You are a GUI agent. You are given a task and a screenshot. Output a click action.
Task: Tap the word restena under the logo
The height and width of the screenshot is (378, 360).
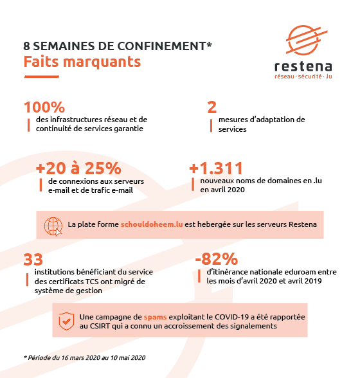click(303, 67)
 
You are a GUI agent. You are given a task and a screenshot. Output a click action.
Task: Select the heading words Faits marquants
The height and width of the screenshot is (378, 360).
click(82, 62)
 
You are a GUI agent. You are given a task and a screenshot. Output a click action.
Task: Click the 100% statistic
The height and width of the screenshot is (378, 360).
click(44, 107)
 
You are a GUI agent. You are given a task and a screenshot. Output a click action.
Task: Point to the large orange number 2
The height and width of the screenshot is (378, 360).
click(212, 107)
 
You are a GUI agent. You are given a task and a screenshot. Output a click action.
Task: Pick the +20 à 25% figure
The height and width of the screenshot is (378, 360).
click(78, 168)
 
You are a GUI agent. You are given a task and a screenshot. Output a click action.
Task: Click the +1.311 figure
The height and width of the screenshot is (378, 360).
click(216, 168)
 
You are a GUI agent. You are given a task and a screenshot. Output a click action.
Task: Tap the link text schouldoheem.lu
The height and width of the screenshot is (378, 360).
click(152, 224)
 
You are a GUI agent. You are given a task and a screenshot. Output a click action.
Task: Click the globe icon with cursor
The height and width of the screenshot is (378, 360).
click(53, 226)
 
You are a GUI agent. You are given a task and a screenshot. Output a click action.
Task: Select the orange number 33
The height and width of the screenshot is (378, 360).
click(33, 260)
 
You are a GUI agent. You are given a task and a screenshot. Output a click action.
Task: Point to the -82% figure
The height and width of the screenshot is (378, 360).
click(217, 259)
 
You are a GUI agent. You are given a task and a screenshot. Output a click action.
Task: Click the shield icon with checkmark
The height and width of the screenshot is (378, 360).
click(66, 321)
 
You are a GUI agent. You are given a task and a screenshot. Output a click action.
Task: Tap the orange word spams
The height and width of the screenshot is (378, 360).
click(155, 317)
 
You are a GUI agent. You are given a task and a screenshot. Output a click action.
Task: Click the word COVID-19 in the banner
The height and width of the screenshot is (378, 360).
click(231, 316)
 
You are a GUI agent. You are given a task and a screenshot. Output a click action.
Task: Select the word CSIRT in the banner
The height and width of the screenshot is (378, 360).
click(100, 326)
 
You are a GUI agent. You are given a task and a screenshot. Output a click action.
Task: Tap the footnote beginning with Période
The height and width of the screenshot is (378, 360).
click(85, 357)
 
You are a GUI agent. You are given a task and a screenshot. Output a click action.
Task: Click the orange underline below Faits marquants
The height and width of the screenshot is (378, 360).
click(42, 76)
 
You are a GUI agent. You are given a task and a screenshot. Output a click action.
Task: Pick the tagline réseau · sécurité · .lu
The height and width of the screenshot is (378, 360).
click(303, 76)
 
